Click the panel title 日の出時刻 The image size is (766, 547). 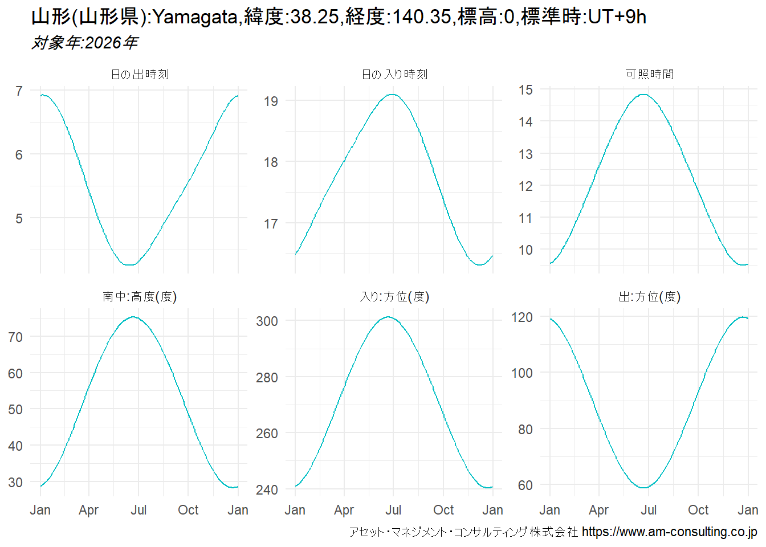click(x=140, y=75)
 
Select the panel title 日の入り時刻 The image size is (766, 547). click(x=394, y=75)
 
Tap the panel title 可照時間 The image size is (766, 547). click(x=649, y=75)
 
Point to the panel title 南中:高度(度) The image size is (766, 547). click(x=140, y=297)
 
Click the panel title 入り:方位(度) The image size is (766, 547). click(x=394, y=297)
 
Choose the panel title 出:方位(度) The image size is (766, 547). click(x=649, y=297)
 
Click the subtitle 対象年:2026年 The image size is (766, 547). click(x=84, y=43)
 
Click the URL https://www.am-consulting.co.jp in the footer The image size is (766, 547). click(x=669, y=532)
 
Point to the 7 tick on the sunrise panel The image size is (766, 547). click(x=19, y=91)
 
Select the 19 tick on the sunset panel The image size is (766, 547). click(x=271, y=101)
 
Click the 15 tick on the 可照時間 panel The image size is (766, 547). click(x=525, y=90)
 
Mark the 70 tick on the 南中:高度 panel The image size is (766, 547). click(x=16, y=337)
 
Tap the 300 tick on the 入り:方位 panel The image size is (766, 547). click(x=267, y=321)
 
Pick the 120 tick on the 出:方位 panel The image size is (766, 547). click(x=522, y=317)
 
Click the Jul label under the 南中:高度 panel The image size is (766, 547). click(x=138, y=510)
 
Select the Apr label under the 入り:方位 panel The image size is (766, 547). click(x=344, y=510)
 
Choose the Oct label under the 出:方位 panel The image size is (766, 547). click(x=698, y=510)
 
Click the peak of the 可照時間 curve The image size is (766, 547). click(x=643, y=95)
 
